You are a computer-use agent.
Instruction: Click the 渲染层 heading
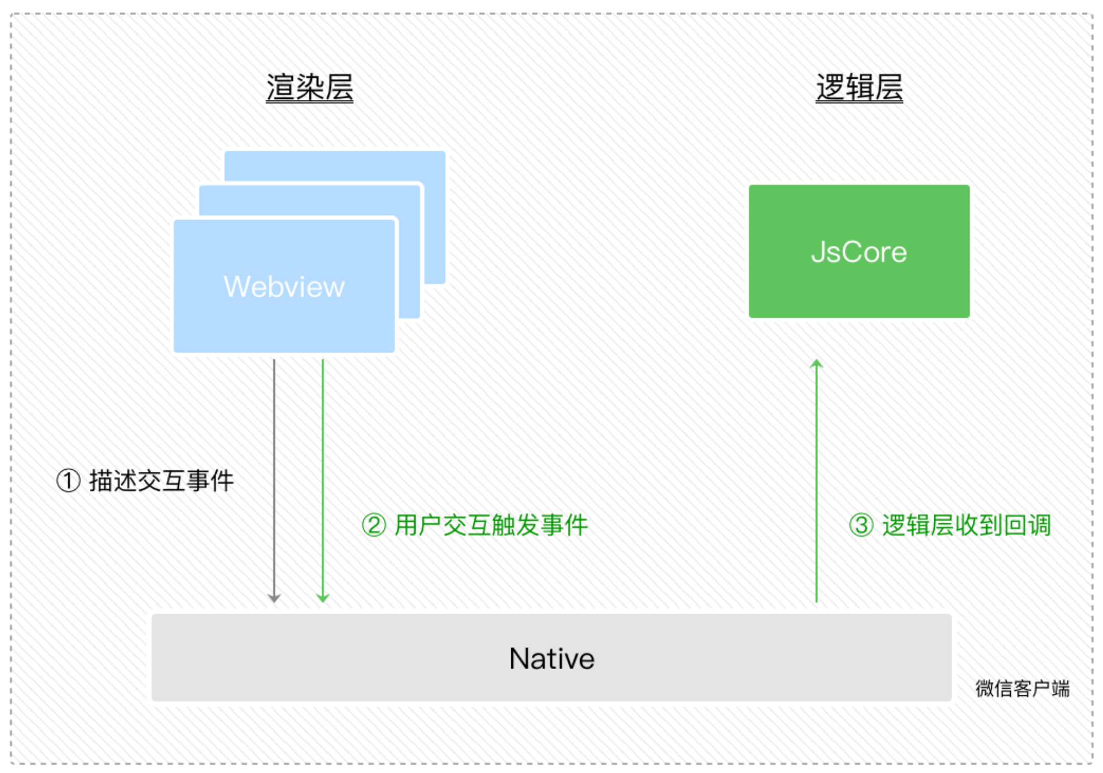click(x=309, y=88)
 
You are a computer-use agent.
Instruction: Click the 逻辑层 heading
click(x=859, y=88)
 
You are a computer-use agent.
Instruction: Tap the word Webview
click(x=284, y=287)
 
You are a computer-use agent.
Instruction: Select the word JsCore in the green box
click(x=859, y=252)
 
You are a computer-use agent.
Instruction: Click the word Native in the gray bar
click(x=551, y=659)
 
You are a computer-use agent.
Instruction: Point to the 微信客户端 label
click(x=1022, y=689)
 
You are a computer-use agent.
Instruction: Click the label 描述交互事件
click(x=161, y=481)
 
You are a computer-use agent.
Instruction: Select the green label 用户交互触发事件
click(x=491, y=526)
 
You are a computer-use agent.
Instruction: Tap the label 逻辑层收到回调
click(x=966, y=526)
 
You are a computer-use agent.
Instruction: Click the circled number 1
click(x=68, y=481)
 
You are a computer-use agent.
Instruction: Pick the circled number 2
click(x=374, y=526)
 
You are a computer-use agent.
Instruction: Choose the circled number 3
click(x=861, y=526)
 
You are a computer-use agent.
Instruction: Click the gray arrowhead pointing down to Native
click(x=274, y=598)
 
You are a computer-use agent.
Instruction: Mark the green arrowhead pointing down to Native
click(x=323, y=598)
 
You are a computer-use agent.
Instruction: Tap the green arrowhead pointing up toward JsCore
click(x=816, y=364)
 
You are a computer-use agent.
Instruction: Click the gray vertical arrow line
click(x=274, y=475)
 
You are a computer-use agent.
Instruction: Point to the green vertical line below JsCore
click(x=816, y=480)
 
